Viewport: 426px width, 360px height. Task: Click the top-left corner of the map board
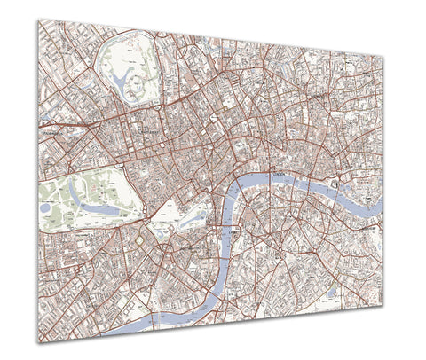[38, 20]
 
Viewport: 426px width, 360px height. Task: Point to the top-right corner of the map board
[383, 59]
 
